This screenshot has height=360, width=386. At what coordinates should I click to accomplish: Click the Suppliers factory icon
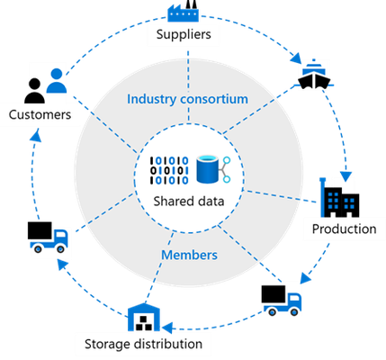point(183,11)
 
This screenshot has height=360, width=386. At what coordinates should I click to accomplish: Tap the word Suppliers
point(184,34)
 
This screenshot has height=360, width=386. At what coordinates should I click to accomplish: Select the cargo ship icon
point(314,74)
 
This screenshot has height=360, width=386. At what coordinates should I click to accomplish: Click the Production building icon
point(339,197)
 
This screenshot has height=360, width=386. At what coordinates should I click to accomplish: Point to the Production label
point(344,229)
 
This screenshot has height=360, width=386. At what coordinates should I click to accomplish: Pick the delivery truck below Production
point(282,301)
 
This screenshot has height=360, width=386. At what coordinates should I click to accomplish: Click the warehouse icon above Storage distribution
point(144,317)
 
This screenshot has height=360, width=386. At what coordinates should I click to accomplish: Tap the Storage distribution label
point(143,344)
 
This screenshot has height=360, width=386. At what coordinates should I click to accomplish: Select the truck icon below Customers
point(48,237)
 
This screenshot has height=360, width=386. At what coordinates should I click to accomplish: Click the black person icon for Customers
point(34,91)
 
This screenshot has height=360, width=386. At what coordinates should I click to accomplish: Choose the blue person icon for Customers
point(57,81)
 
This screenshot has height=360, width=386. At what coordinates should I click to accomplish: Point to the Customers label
point(40,114)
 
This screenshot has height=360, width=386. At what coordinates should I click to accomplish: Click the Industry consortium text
point(187,99)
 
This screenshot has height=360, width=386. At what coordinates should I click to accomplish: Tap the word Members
point(189,255)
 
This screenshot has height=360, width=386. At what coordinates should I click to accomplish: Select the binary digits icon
point(169,170)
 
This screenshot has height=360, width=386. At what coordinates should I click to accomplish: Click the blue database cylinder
point(208,169)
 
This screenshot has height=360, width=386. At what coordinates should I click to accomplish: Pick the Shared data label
point(189,201)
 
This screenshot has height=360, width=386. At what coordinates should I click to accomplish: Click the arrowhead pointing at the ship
point(296,58)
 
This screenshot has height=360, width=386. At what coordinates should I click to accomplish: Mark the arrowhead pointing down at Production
point(346,176)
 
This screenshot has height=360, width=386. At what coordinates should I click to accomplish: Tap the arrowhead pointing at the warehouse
point(167,328)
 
